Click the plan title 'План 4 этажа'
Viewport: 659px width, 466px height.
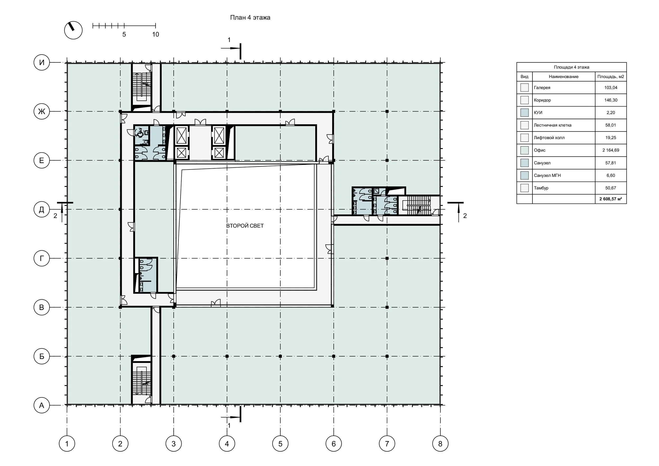point(250,17)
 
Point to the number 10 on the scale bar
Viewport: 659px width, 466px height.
point(155,35)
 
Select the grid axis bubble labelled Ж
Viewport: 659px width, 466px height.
point(42,111)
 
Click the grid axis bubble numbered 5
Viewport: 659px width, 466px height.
point(280,444)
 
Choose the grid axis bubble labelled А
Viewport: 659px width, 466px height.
point(42,405)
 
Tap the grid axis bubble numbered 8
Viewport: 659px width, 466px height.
point(440,444)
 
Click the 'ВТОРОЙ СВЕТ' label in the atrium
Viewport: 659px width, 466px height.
point(245,226)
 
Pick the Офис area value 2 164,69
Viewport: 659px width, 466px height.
point(610,150)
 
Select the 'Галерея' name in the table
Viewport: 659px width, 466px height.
point(542,88)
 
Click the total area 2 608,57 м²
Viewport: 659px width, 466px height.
point(610,199)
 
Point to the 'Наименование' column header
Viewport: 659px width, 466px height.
point(563,77)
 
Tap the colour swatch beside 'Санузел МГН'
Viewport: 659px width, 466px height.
point(524,175)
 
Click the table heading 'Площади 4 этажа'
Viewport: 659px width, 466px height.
point(571,67)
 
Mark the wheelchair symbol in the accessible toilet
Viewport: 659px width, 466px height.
point(140,133)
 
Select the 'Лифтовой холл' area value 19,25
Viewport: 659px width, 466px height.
point(610,138)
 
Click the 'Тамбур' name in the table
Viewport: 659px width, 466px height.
point(541,188)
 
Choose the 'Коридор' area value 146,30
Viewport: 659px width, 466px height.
point(610,100)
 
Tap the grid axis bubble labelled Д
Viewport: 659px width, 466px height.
point(42,210)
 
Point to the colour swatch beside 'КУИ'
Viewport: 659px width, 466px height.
point(524,113)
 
